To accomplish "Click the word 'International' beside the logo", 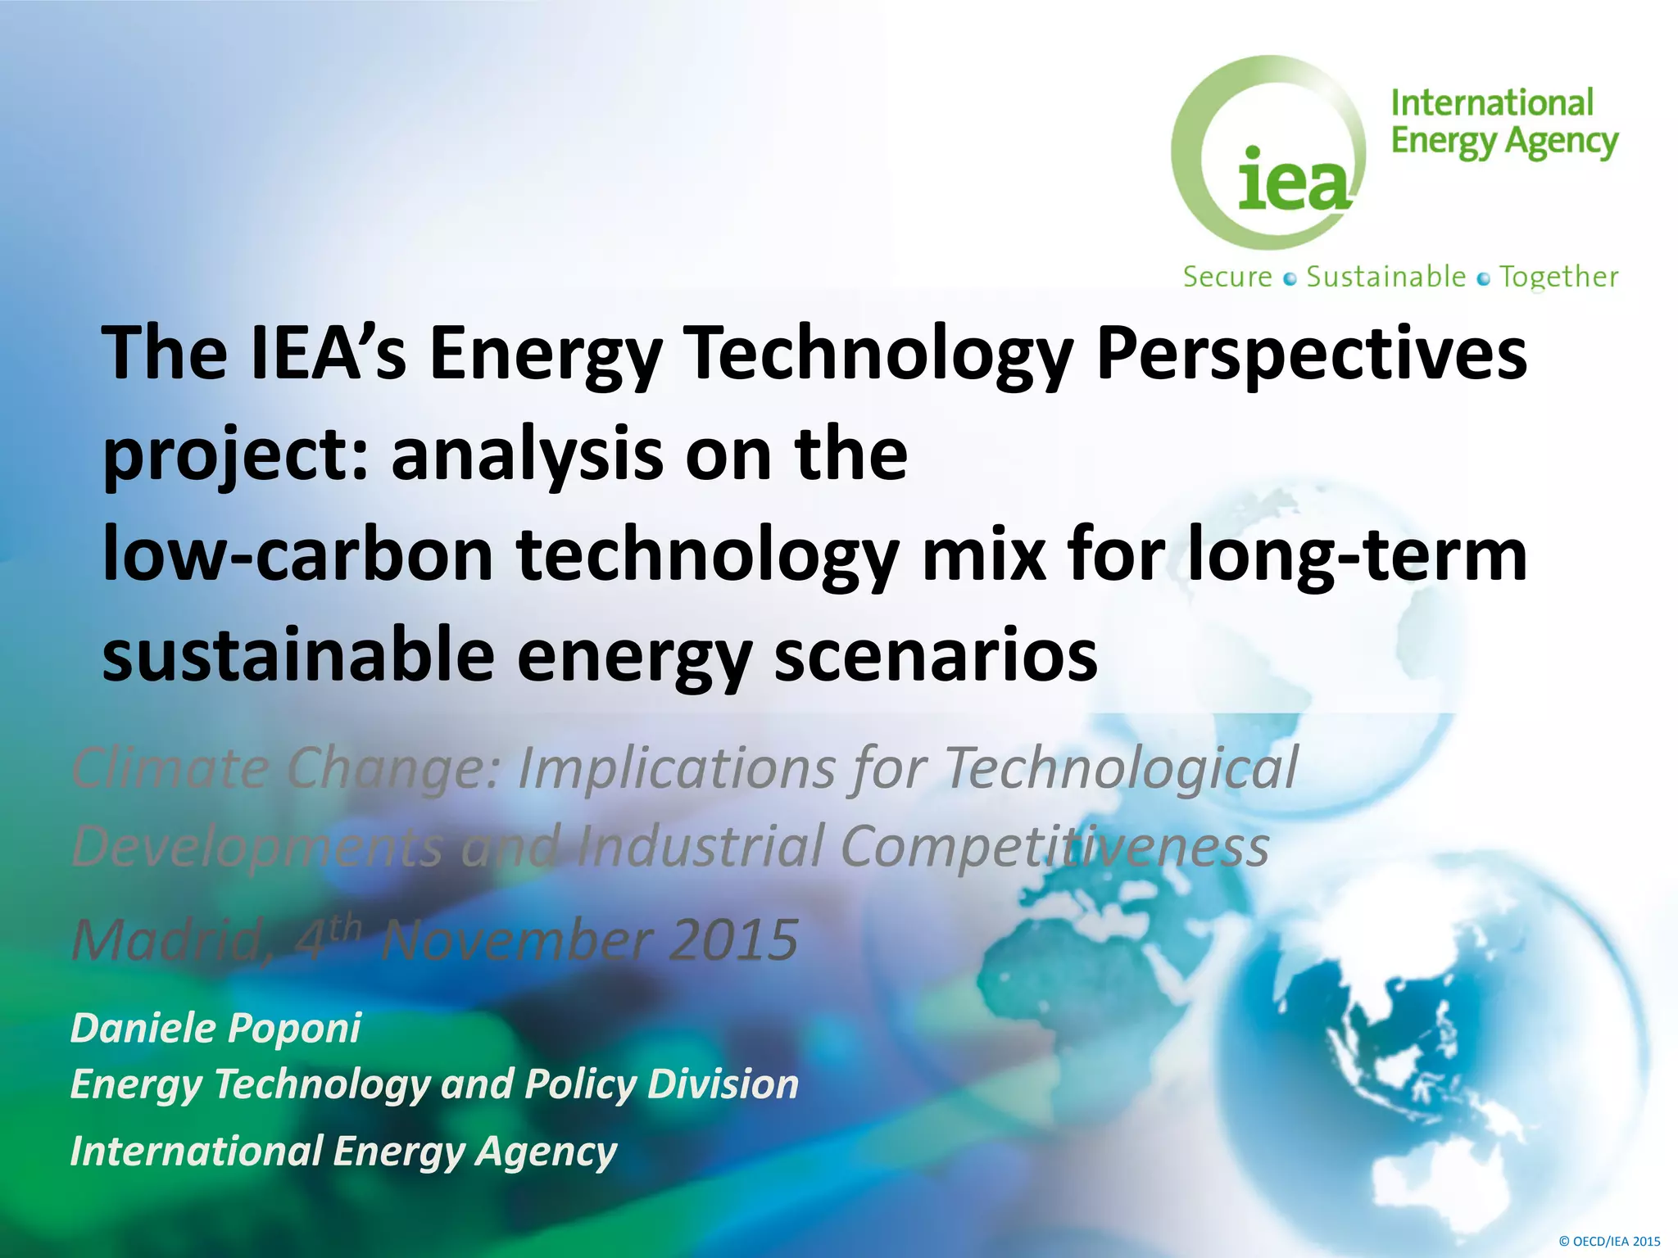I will pyautogui.click(x=1491, y=104).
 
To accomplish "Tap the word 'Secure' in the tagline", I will pyautogui.click(x=1227, y=277).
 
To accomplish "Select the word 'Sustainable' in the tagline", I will pyautogui.click(x=1385, y=277).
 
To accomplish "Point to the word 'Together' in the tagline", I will pyautogui.click(x=1558, y=277).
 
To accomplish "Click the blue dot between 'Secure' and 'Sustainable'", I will pyautogui.click(x=1290, y=279).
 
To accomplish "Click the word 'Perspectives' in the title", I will pyautogui.click(x=1311, y=354).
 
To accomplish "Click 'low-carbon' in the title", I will pyautogui.click(x=297, y=555).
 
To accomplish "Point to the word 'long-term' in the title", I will pyautogui.click(x=1356, y=555).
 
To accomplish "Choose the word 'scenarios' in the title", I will pyautogui.click(x=935, y=655).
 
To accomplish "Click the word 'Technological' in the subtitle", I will pyautogui.click(x=1121, y=768).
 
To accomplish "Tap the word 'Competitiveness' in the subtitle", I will pyautogui.click(x=1054, y=845).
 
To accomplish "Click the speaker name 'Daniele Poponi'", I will pyautogui.click(x=215, y=1029).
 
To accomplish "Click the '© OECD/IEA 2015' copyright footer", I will pyautogui.click(x=1609, y=1241).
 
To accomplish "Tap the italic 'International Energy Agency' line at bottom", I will pyautogui.click(x=343, y=1152).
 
